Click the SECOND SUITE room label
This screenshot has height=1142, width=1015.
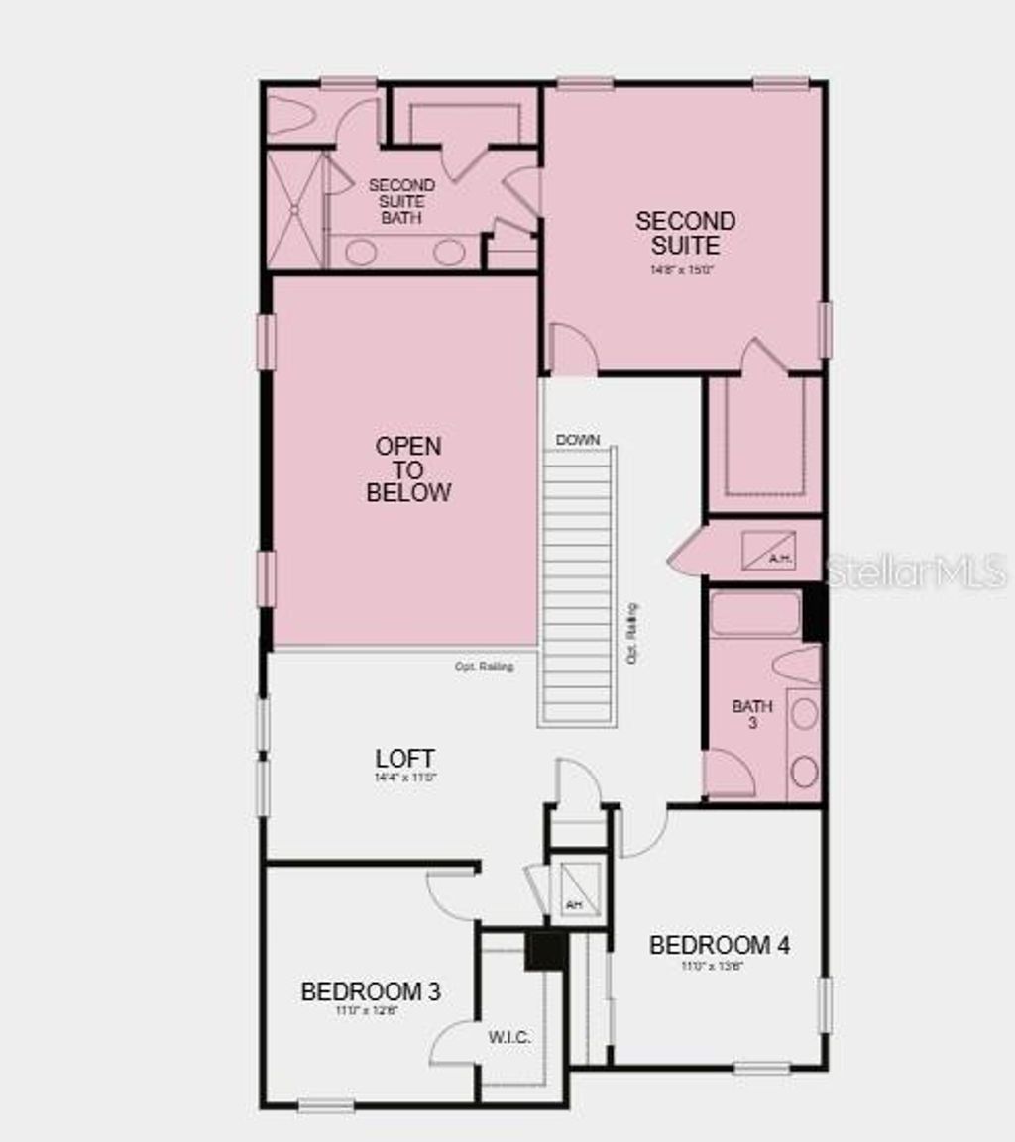tap(685, 232)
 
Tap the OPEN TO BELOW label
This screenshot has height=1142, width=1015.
tap(408, 468)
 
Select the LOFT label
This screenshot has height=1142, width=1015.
tap(404, 759)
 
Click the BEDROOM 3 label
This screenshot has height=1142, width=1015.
tap(371, 990)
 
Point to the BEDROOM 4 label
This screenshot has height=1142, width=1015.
tap(719, 945)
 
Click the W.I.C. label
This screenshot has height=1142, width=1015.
tap(509, 1038)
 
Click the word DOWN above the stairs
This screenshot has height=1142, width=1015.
tap(578, 440)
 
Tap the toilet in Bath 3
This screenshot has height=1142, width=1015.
tap(797, 666)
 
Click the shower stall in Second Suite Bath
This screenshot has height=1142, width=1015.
tap(294, 209)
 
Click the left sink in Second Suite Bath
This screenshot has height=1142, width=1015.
tap(361, 252)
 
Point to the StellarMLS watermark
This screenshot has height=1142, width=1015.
tap(916, 571)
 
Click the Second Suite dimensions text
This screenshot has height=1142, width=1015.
tap(685, 269)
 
